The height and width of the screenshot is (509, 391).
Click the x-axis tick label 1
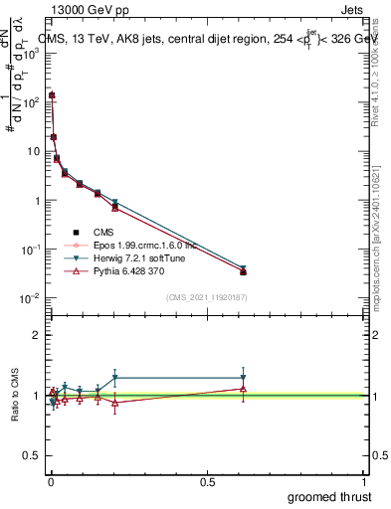364,480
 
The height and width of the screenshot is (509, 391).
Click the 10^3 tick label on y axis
31,53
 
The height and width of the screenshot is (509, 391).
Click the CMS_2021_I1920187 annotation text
206,296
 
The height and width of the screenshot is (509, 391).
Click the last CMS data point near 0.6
243,271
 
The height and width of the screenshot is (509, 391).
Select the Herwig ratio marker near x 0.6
243,378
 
